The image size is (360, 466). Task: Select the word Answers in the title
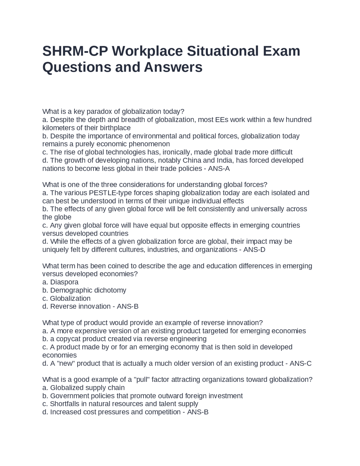(x=173, y=67)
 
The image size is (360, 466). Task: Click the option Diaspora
(x=64, y=282)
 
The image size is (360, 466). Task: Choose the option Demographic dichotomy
(x=88, y=290)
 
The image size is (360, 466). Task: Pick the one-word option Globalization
(x=70, y=298)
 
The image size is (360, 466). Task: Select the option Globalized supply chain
(x=87, y=388)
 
